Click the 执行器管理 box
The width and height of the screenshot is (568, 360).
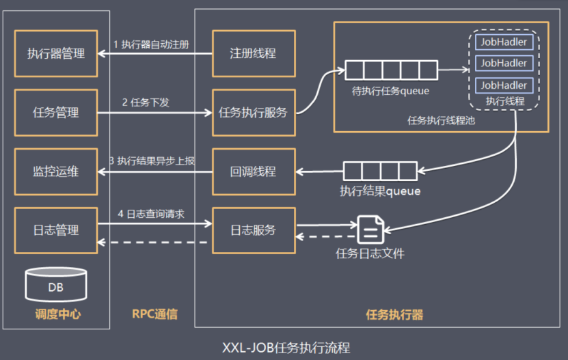pos(56,53)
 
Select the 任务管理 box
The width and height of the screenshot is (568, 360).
pos(56,113)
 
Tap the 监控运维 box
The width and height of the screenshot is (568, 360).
pos(56,171)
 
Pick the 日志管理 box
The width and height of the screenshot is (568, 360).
pos(56,230)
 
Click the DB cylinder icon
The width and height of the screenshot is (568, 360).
pos(56,285)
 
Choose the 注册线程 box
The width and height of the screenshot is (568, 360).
pos(254,53)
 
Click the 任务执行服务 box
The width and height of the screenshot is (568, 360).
pos(254,113)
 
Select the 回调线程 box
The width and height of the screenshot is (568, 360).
pos(254,171)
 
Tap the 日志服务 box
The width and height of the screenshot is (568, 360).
pos(254,230)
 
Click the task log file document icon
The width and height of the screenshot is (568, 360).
pos(370,230)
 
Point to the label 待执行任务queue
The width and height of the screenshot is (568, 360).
pos(390,91)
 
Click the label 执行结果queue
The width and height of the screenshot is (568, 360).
pos(380,191)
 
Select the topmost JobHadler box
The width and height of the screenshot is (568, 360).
pos(504,42)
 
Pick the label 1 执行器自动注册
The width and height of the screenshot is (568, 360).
pos(151,44)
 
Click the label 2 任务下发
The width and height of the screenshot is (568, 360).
pos(146,102)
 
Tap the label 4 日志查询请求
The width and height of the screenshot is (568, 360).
pos(151,214)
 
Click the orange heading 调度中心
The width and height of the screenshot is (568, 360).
pos(58,314)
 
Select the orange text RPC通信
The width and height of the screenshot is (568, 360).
pos(154,314)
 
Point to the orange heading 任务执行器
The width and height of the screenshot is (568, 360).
pos(394,315)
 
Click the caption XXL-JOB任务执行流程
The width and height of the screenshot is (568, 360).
pos(286,348)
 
